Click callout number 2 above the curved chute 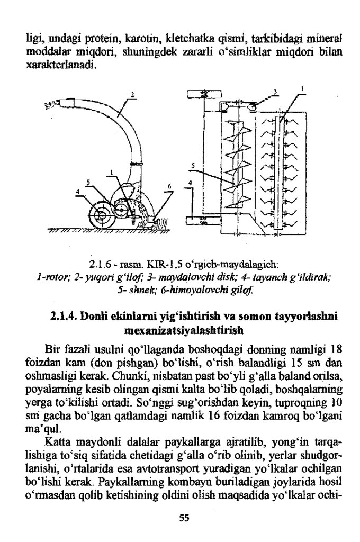133,95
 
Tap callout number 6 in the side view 169,186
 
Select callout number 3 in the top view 275,92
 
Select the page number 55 184,518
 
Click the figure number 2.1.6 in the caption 101,264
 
